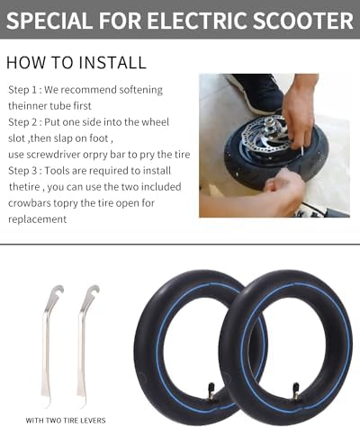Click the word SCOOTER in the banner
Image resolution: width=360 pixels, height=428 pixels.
coord(303,21)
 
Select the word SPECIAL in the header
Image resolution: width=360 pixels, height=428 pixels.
coord(49,21)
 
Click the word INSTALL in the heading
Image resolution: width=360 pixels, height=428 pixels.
coord(112,62)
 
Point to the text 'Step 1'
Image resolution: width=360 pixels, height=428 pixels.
coord(22,90)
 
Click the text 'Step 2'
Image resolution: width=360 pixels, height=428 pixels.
coord(22,122)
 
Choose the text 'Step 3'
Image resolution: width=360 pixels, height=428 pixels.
coord(22,171)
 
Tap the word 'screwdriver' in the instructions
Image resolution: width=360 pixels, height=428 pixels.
coord(54,155)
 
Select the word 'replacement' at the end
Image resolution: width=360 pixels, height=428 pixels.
coord(37,219)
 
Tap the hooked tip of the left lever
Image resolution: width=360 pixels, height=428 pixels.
coord(58,290)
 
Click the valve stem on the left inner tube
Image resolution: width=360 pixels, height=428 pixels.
coord(211,391)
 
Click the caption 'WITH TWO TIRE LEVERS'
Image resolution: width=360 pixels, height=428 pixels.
coord(66,420)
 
